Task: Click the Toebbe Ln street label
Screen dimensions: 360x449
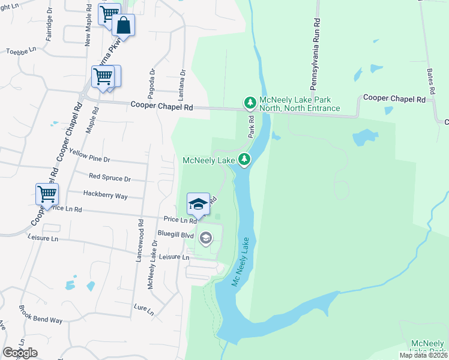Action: click(21, 51)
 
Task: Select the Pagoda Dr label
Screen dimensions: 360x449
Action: click(152, 82)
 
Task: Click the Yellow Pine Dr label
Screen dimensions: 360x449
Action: click(90, 155)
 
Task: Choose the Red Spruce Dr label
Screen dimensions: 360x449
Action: click(110, 178)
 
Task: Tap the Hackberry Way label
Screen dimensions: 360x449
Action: click(106, 196)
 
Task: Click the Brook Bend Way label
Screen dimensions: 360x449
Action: click(41, 317)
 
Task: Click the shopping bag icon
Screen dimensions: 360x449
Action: click(123, 25)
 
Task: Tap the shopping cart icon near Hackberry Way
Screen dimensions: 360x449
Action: click(47, 194)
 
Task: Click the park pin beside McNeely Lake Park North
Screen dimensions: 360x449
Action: click(250, 103)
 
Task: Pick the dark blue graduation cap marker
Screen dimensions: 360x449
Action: click(199, 205)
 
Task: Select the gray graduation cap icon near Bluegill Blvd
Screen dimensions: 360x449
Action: click(206, 239)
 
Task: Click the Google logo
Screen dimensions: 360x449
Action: click(20, 353)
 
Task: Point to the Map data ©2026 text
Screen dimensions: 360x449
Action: click(424, 355)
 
